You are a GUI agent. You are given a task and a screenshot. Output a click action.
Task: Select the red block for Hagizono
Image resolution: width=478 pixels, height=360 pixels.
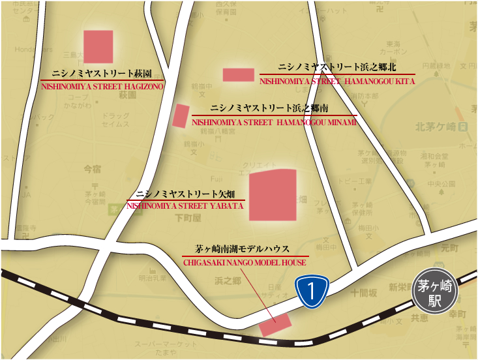98,46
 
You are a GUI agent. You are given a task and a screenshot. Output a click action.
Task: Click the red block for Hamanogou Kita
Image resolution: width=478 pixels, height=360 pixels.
238,74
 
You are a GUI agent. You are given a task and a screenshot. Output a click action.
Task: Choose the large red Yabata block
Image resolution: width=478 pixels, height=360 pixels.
273,194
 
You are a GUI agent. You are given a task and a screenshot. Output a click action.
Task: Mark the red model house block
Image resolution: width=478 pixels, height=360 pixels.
275,323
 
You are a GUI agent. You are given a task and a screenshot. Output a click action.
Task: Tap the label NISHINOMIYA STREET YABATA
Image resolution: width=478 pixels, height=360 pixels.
185,205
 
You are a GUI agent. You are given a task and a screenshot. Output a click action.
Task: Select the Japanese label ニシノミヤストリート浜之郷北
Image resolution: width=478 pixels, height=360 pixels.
337,67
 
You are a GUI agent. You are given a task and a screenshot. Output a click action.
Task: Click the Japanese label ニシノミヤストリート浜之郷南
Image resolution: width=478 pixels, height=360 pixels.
274,108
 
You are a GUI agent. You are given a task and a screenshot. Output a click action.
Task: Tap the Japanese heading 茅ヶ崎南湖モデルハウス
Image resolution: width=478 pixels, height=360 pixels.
242,249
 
